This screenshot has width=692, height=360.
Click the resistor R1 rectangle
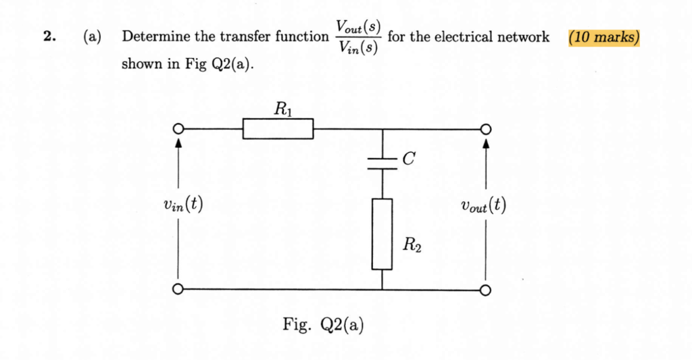(278, 128)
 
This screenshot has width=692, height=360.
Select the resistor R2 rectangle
(382, 234)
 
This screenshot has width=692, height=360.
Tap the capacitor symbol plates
(382, 163)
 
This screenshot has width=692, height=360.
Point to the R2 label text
(412, 245)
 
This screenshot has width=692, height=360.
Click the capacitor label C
(407, 159)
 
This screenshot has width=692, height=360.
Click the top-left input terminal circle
(178, 129)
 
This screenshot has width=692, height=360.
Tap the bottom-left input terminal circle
(178, 290)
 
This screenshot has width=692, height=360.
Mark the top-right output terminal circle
(485, 129)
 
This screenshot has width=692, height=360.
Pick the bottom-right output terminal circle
(485, 290)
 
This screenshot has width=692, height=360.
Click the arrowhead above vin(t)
(178, 143)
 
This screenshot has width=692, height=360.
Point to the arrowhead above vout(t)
(485, 143)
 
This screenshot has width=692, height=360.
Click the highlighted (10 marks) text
(603, 37)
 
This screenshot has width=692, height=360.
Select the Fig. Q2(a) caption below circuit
(323, 325)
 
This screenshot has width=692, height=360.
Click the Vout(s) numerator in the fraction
(359, 28)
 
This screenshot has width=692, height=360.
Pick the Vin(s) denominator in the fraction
(359, 48)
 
